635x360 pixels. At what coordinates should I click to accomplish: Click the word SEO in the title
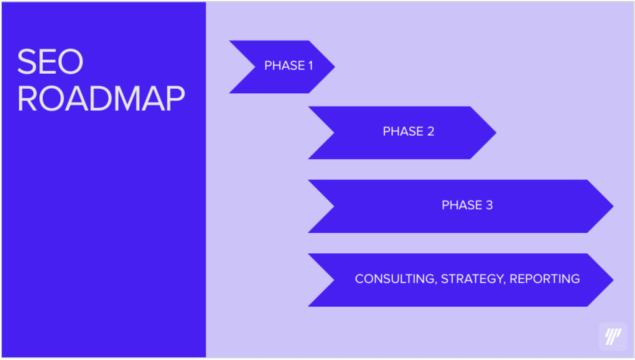tap(50, 61)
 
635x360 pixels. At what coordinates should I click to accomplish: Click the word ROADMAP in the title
tap(101, 98)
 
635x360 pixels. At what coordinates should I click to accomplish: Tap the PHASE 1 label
tap(289, 65)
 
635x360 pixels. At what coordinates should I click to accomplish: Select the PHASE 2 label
tap(408, 131)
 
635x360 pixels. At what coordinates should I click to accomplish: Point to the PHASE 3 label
tap(467, 205)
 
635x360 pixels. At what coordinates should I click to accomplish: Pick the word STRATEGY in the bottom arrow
tap(473, 279)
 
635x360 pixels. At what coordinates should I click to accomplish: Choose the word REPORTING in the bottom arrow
tap(545, 279)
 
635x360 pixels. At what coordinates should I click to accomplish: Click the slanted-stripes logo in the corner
tap(613, 337)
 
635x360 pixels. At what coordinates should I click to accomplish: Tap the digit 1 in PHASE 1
tap(311, 65)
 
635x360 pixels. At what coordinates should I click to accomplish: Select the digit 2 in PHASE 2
tap(431, 131)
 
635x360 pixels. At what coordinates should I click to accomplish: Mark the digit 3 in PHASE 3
tap(489, 205)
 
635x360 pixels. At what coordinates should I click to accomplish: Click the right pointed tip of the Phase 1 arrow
tap(335, 67)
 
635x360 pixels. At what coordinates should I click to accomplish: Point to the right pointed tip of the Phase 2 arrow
tap(496, 133)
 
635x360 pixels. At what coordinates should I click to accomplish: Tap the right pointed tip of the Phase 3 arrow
tap(614, 206)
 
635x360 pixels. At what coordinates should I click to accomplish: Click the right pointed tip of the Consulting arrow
tap(614, 280)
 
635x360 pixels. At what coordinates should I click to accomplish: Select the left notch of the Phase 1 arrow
tap(255, 67)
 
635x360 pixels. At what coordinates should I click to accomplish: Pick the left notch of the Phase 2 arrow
tap(334, 133)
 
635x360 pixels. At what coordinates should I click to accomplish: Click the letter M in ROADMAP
tap(126, 98)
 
